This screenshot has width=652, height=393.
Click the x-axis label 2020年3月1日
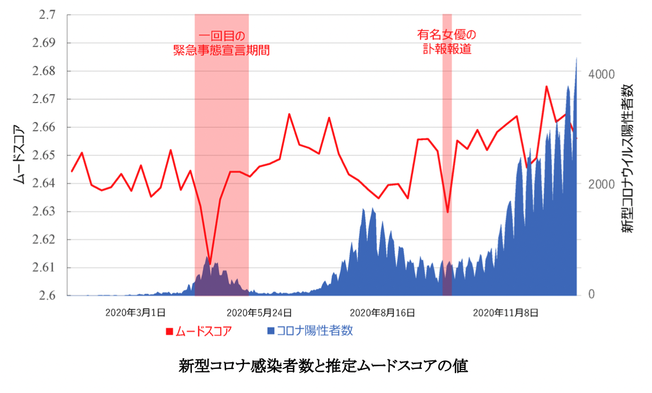click(135, 312)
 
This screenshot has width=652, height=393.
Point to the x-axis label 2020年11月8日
click(505, 312)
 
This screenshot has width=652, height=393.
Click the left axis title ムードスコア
click(19, 155)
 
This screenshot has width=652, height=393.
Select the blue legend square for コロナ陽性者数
click(270, 331)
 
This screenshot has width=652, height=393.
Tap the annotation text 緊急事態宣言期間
click(221, 51)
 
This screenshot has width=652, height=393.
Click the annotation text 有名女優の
click(446, 35)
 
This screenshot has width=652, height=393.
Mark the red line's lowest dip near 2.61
click(210, 264)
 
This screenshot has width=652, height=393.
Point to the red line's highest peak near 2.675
click(546, 87)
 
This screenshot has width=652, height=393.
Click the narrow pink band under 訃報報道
click(447, 160)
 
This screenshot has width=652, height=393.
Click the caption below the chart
click(323, 367)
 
